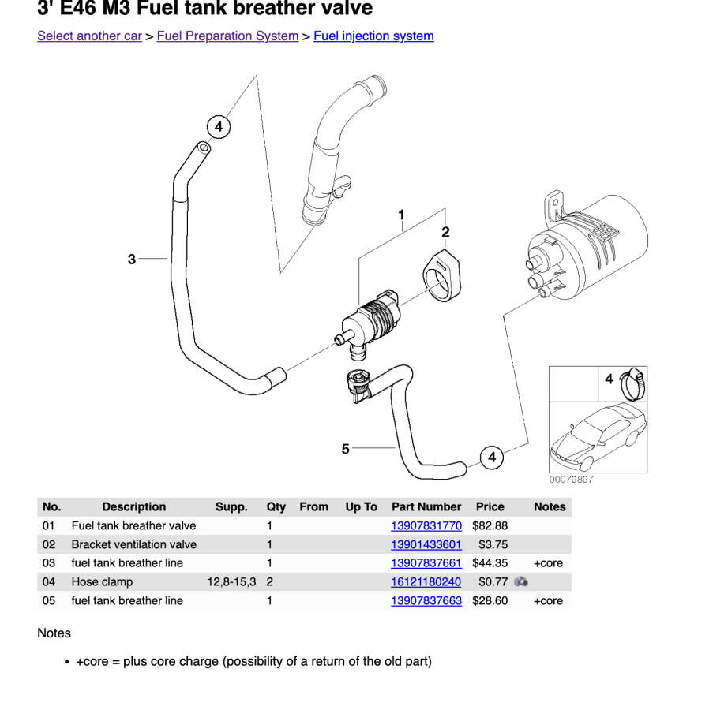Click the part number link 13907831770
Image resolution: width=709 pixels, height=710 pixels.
click(426, 525)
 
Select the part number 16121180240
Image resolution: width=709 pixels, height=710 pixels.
click(426, 582)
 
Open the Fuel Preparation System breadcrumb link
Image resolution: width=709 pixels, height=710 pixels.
click(227, 36)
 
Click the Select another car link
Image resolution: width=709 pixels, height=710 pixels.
click(89, 36)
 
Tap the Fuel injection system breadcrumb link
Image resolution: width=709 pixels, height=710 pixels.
click(373, 36)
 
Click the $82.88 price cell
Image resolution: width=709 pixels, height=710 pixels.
click(490, 525)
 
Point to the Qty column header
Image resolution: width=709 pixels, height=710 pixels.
click(276, 507)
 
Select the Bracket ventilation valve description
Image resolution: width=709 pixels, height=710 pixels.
click(134, 544)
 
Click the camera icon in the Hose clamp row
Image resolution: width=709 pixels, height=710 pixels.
click(521, 582)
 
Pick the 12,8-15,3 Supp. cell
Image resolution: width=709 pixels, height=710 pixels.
click(231, 582)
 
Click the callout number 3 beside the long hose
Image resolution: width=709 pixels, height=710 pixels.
click(132, 259)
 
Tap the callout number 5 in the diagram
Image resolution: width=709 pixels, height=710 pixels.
click(345, 449)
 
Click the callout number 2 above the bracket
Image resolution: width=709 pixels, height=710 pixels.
click(445, 232)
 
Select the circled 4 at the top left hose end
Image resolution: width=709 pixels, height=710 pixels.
click(219, 126)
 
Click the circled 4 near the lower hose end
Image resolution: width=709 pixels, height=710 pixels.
click(492, 458)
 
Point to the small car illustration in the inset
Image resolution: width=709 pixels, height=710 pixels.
click(597, 439)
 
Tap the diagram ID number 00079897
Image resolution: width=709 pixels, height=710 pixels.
click(571, 480)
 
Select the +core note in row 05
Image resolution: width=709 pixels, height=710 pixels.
click(548, 601)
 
